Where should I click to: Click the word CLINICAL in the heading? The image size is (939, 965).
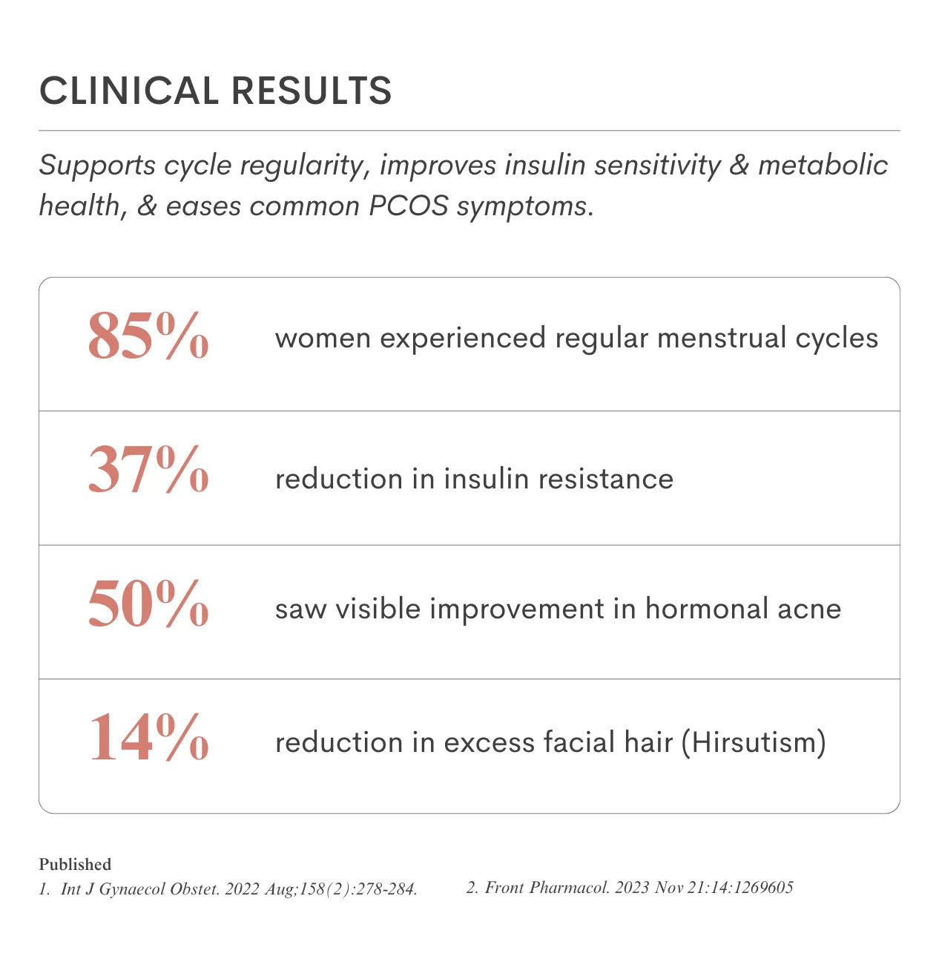[x=128, y=91]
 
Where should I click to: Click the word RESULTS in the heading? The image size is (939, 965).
[x=312, y=91]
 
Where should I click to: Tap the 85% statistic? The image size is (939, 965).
[x=148, y=336]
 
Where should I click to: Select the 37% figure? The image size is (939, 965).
[x=148, y=470]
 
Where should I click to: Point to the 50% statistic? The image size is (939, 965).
[x=148, y=603]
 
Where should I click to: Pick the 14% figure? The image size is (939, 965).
[x=148, y=737]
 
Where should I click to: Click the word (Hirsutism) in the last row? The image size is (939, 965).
[x=754, y=743]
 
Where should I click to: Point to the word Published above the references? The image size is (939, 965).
[x=75, y=864]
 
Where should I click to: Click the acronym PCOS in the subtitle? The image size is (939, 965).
[x=409, y=206]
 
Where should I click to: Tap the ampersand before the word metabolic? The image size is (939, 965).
[x=739, y=166]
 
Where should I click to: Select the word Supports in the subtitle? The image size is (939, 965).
[x=97, y=166]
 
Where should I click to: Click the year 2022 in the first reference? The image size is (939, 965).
[x=242, y=889]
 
